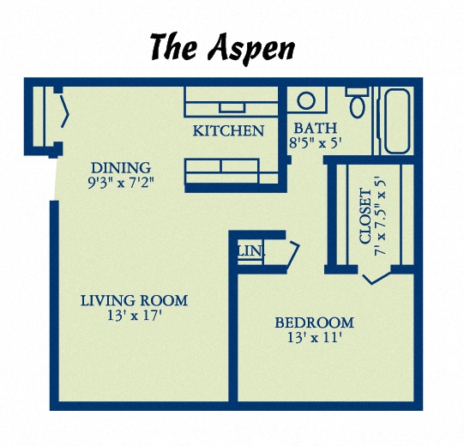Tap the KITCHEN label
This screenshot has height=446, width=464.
pyautogui.click(x=227, y=131)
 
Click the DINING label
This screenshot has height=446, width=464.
pyautogui.click(x=121, y=167)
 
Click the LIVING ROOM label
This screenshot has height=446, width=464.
pyautogui.click(x=134, y=300)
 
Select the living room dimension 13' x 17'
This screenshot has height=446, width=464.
pyautogui.click(x=134, y=315)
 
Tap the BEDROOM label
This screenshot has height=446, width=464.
pyautogui.click(x=314, y=322)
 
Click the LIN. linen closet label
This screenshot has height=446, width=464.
pyautogui.click(x=251, y=251)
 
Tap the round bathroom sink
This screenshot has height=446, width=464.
pyautogui.click(x=306, y=101)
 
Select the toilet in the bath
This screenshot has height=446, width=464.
pyautogui.click(x=358, y=105)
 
